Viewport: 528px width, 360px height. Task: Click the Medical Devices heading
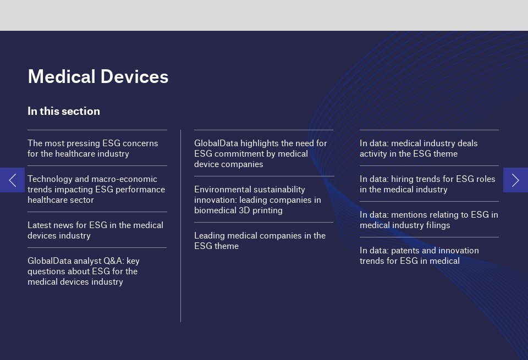[98, 77]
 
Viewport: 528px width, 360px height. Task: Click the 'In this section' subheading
[64, 111]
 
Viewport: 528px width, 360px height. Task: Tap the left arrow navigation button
[12, 180]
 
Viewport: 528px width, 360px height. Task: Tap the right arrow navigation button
[515, 180]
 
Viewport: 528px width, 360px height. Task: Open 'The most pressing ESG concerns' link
[92, 148]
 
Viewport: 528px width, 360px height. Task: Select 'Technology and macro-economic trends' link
[96, 190]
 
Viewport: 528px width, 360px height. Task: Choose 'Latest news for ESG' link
[95, 230]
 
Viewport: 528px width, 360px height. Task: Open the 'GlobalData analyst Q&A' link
[84, 271]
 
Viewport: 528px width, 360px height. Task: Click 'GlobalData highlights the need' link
[261, 154]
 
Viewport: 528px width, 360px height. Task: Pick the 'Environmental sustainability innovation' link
[257, 200]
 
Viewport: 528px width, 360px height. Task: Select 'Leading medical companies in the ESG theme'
[260, 241]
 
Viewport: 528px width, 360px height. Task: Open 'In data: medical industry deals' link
[419, 148]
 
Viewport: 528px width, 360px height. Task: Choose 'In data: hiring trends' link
[427, 184]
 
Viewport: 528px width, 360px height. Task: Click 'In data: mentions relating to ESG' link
[428, 220]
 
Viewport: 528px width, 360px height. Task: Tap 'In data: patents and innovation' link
[419, 256]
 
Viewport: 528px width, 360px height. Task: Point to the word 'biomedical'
[215, 211]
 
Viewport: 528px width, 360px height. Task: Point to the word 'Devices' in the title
[134, 77]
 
